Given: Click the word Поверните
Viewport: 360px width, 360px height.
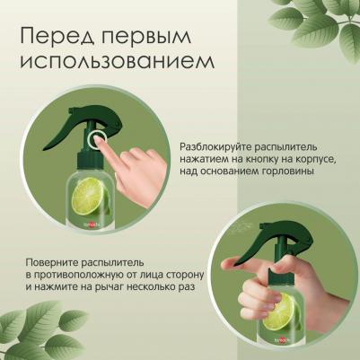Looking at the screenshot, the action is pos(50,263).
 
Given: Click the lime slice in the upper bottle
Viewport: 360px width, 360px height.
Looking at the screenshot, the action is pos(89,196).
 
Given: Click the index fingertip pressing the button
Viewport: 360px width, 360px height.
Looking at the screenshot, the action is pos(97,139).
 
